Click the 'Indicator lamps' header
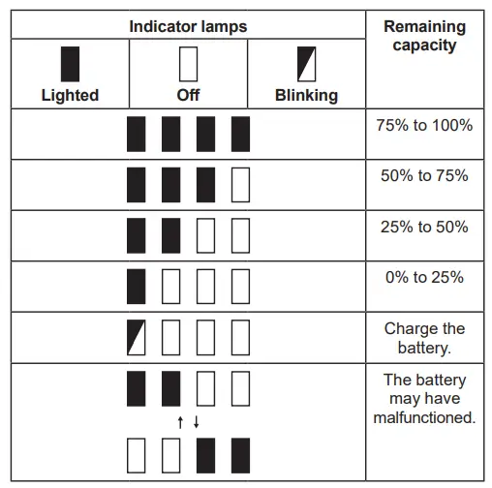pyautogui.click(x=188, y=26)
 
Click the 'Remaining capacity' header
pyautogui.click(x=424, y=36)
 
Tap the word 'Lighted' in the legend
pyautogui.click(x=70, y=95)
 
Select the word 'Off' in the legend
pyautogui.click(x=188, y=95)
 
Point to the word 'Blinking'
pyautogui.click(x=306, y=95)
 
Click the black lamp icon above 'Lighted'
pyautogui.click(x=70, y=64)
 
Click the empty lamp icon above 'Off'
pyautogui.click(x=188, y=64)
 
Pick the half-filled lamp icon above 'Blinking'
pyautogui.click(x=306, y=64)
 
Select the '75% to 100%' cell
pyautogui.click(x=424, y=125)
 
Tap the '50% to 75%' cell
pyautogui.click(x=424, y=175)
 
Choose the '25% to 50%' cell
pyautogui.click(x=424, y=227)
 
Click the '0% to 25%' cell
pyautogui.click(x=424, y=277)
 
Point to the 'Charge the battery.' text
pyautogui.click(x=424, y=337)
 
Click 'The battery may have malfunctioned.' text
pyautogui.click(x=424, y=399)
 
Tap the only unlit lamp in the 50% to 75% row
pyautogui.click(x=240, y=184)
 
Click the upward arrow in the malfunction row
pyautogui.click(x=179, y=421)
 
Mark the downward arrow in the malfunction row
pyautogui.click(x=197, y=421)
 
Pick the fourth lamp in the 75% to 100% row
pyautogui.click(x=240, y=134)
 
